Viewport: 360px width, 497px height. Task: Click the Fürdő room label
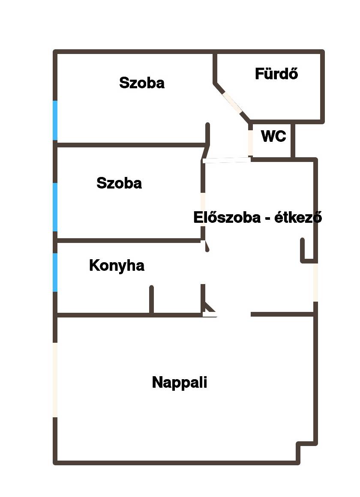(x=276, y=74)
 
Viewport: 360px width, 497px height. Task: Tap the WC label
(x=273, y=136)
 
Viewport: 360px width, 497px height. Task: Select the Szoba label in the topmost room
(x=142, y=83)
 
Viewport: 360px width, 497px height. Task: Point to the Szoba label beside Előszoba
(x=119, y=183)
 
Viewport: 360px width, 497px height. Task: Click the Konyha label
(x=117, y=266)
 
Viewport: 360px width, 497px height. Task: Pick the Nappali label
(x=180, y=382)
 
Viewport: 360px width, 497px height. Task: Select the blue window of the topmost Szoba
(x=55, y=120)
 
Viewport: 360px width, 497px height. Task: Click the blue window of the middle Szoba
(x=55, y=207)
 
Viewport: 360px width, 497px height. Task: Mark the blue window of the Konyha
(x=55, y=272)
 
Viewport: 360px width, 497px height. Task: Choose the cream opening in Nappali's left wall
(x=55, y=380)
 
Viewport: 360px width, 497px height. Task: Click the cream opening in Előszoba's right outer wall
(x=316, y=282)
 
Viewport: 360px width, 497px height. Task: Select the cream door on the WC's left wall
(x=250, y=142)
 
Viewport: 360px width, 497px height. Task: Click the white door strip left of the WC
(x=226, y=160)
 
